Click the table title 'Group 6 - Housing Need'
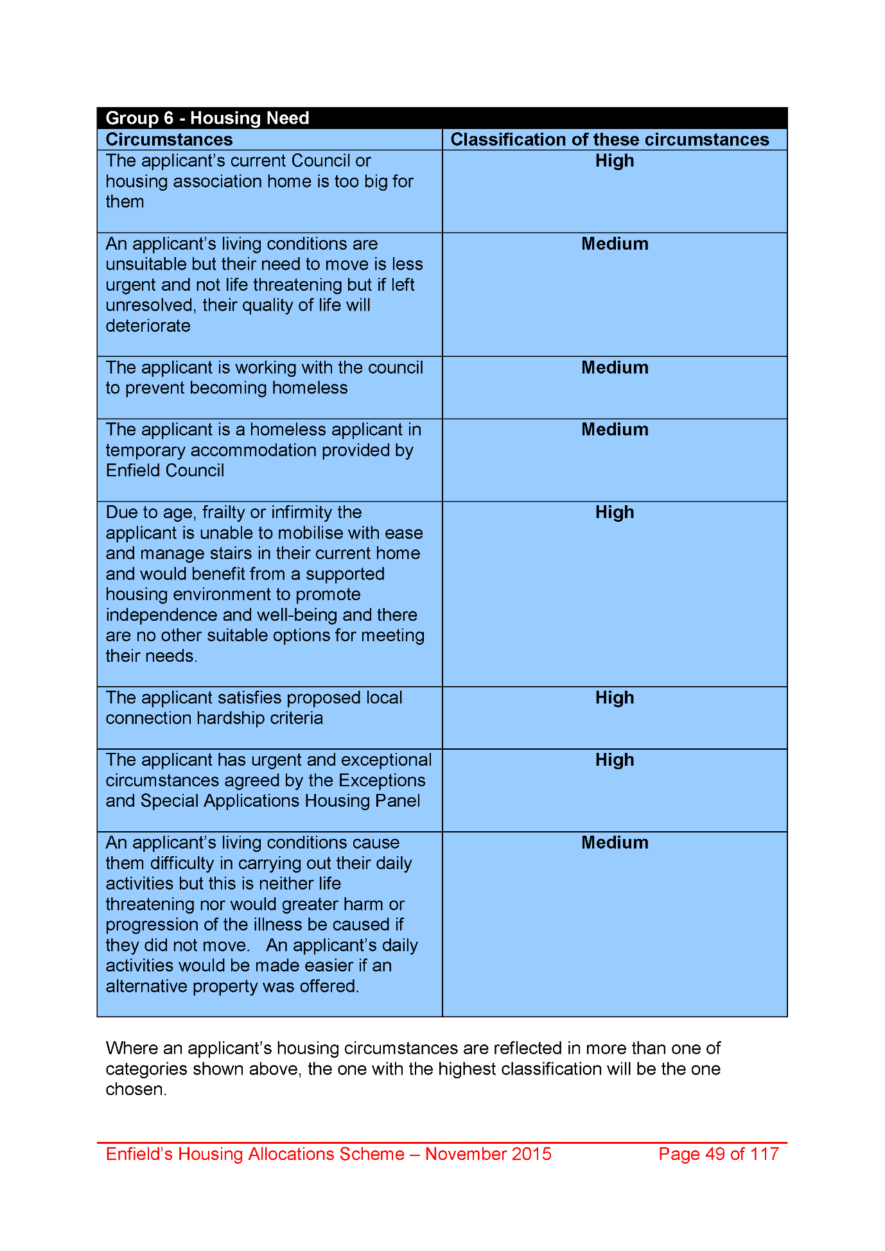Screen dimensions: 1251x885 coord(207,118)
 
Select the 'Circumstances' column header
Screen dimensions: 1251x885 coord(169,140)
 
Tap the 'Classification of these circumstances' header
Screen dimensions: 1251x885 coord(609,140)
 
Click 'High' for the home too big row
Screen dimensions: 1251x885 coord(615,161)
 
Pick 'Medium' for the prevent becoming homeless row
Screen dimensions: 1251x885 coord(615,368)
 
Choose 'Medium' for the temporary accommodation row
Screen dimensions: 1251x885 coord(615,429)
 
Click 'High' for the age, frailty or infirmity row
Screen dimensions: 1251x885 coord(615,512)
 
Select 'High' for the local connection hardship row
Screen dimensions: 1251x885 coord(615,698)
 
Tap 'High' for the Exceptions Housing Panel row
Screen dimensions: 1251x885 coord(615,760)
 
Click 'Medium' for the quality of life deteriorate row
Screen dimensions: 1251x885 coord(615,244)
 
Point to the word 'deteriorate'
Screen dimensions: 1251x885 coord(148,326)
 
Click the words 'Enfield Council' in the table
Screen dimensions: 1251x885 coord(165,470)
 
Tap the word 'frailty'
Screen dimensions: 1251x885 coord(224,512)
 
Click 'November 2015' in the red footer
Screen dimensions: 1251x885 coord(488,1154)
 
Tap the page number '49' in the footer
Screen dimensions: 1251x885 coord(715,1154)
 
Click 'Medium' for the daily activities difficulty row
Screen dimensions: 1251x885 coord(615,843)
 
